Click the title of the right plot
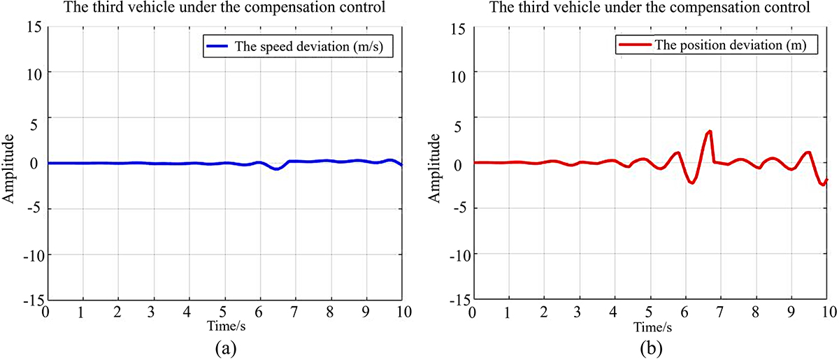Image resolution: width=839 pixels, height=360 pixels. tap(650, 9)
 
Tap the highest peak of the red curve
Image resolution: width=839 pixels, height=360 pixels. tap(710, 131)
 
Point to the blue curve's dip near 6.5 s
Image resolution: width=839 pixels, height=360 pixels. tap(278, 169)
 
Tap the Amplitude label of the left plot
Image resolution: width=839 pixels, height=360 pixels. tap(10, 164)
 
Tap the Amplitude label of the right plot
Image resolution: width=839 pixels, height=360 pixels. tap(435, 164)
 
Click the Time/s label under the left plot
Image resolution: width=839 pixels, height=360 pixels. tap(224, 326)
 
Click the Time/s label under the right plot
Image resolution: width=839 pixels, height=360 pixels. tap(650, 326)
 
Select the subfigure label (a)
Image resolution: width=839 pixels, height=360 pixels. tap(224, 346)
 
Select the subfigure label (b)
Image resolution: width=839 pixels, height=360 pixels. tap(650, 346)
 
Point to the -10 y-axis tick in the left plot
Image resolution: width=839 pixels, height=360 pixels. tap(32, 254)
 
